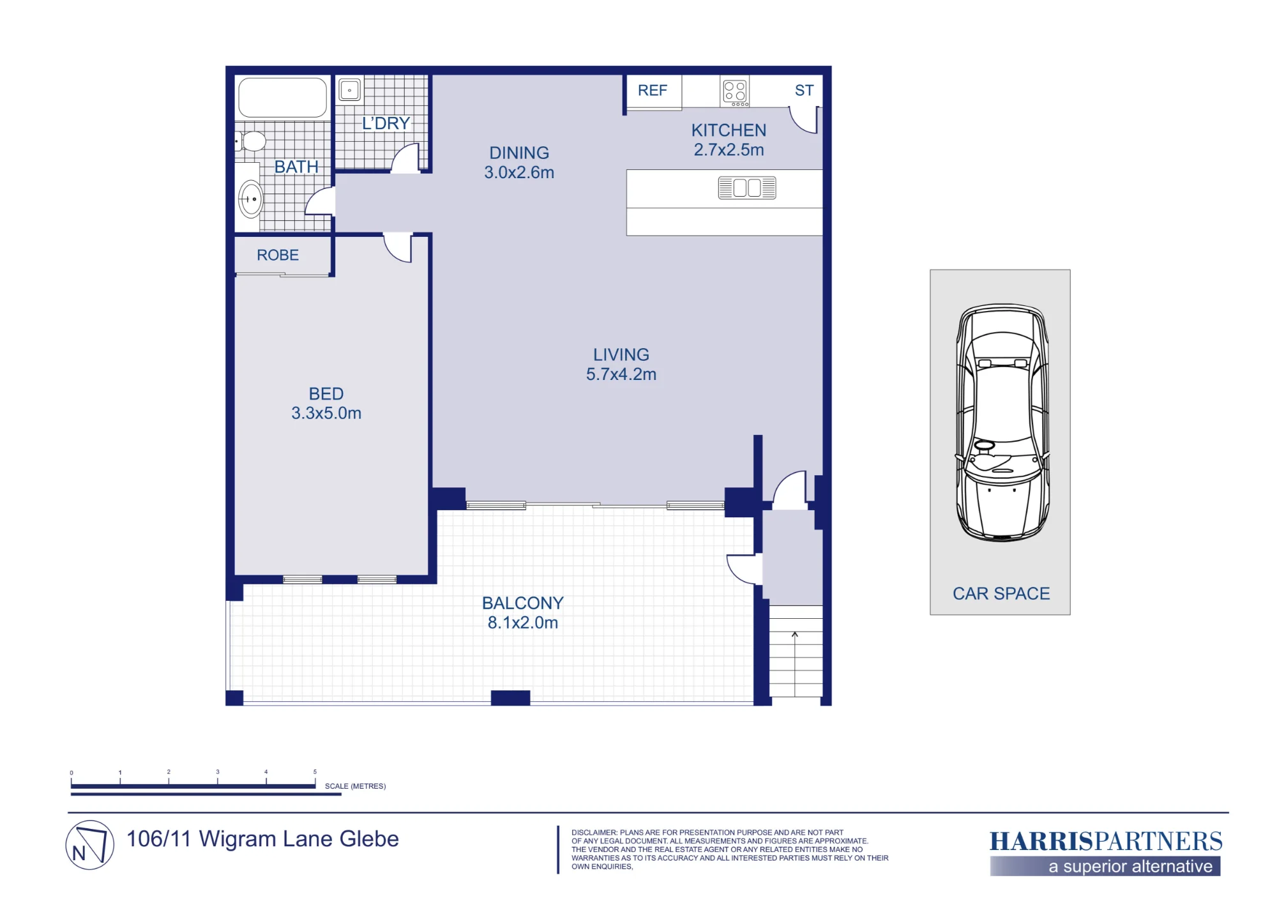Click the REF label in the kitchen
(652, 91)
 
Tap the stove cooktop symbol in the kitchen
(735, 92)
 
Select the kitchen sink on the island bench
(747, 188)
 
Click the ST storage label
(804, 91)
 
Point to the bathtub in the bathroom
(282, 97)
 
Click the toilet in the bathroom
(250, 141)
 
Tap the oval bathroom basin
(251, 199)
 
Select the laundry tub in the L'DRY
(350, 90)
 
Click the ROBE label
(278, 255)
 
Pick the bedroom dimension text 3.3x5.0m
(326, 413)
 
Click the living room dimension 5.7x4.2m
(621, 374)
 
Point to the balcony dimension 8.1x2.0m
(523, 623)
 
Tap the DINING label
(519, 153)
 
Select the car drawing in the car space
(1002, 423)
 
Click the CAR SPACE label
(1001, 594)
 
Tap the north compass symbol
(90, 845)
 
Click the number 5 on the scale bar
(315, 771)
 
